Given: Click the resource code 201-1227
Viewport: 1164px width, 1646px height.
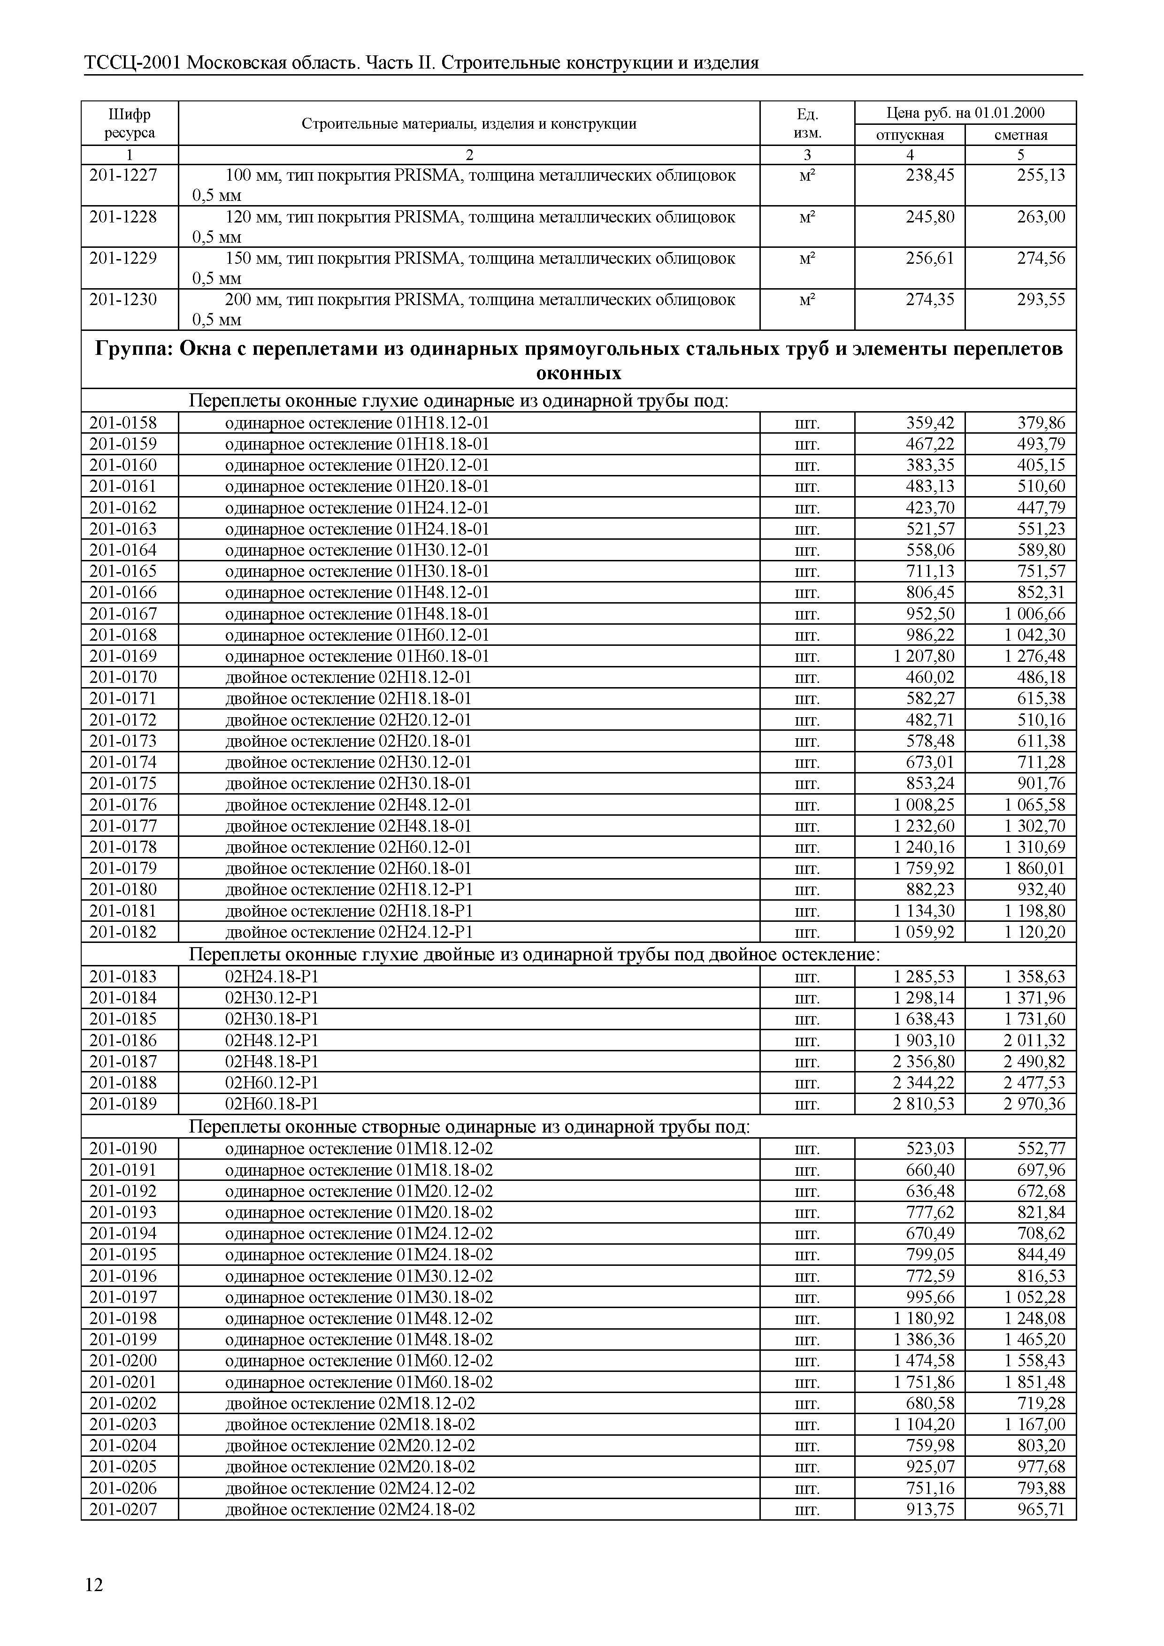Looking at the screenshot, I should [123, 176].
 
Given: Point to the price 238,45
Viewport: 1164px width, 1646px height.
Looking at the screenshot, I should [930, 176].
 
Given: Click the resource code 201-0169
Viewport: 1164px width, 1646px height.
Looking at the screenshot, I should [123, 657].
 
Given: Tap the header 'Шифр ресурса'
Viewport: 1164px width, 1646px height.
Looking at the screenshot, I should [129, 123].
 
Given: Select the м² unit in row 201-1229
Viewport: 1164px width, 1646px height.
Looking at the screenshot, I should [807, 258].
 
